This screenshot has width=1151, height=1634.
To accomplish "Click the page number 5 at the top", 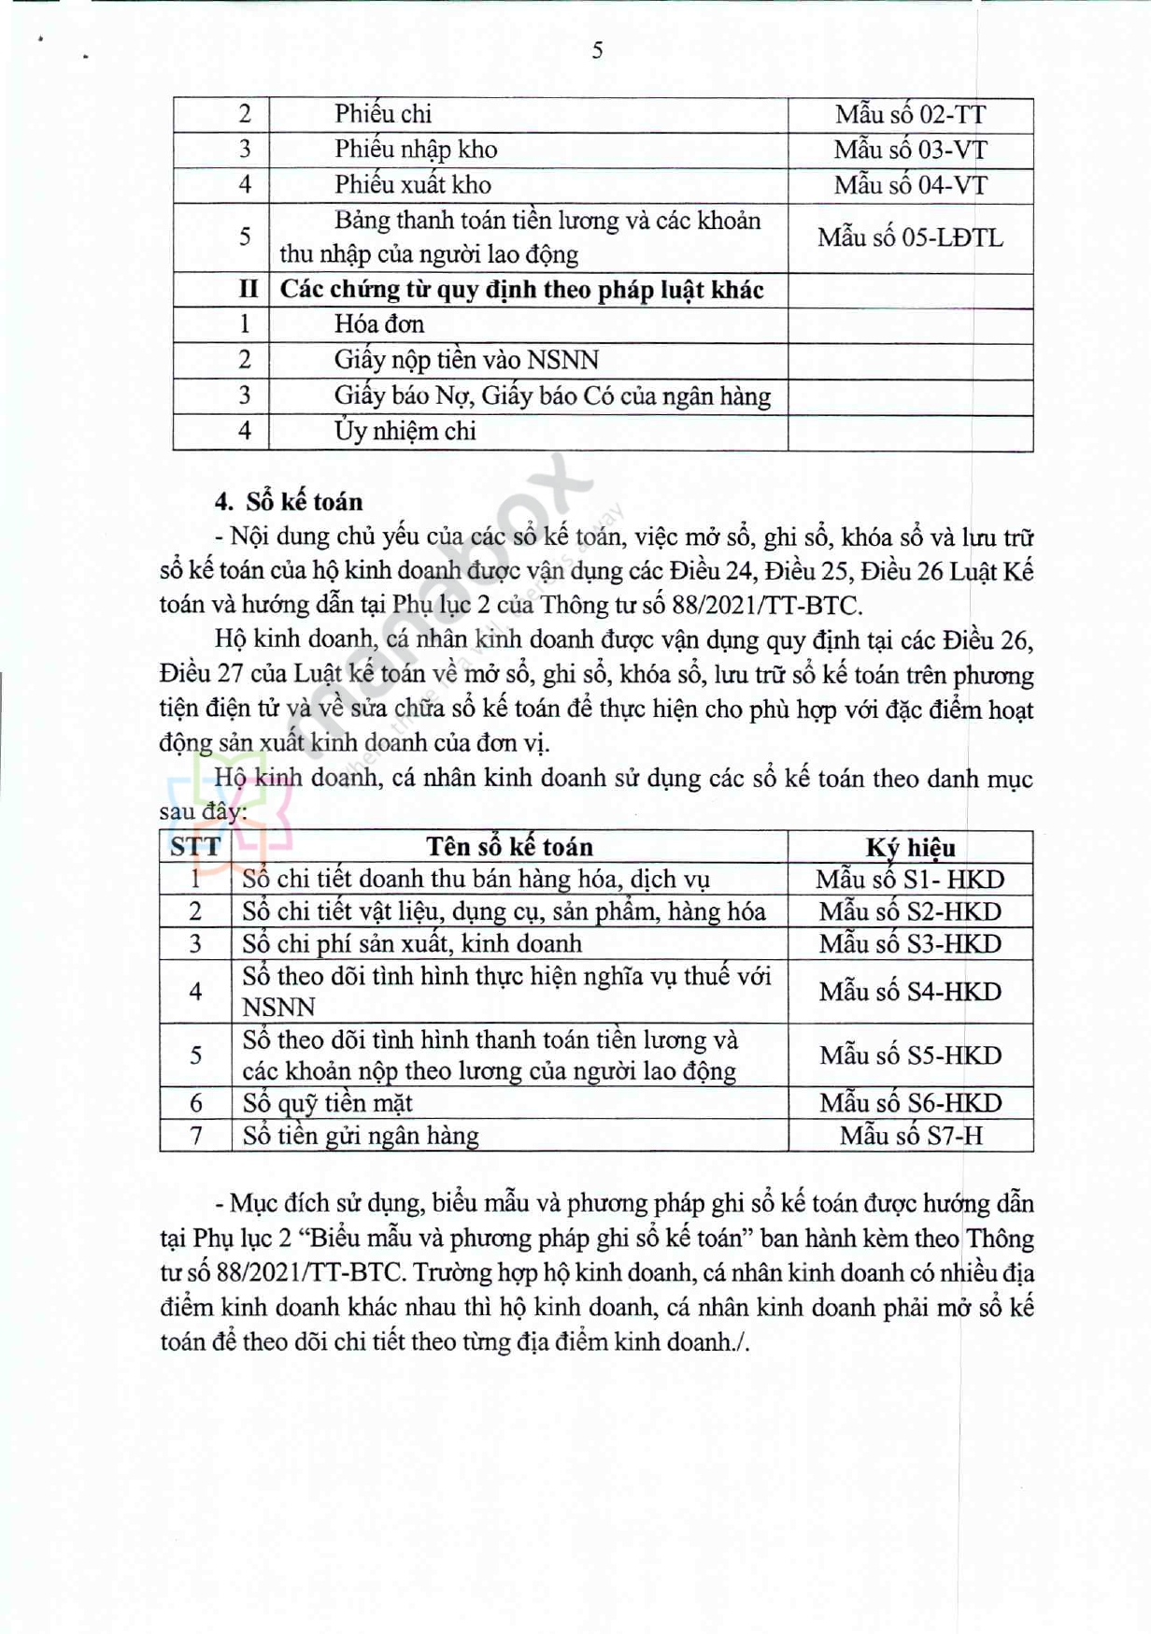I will (597, 50).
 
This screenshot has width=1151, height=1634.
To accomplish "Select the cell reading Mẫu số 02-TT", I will (910, 115).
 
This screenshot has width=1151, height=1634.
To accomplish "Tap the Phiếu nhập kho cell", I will (416, 150).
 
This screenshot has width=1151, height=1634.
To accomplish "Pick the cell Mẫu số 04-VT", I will (910, 185).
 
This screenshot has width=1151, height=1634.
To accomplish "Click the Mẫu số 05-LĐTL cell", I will (910, 237).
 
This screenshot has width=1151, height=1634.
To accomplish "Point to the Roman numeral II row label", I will (248, 289).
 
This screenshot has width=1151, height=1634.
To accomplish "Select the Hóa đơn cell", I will (379, 324).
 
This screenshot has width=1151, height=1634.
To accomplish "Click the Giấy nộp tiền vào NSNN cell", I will (466, 360).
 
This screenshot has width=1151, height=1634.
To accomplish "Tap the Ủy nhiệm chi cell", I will (405, 431).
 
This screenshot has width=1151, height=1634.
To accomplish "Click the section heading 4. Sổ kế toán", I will (289, 502).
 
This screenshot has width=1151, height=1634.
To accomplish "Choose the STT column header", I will (195, 847).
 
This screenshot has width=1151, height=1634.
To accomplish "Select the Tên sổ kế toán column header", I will (509, 847).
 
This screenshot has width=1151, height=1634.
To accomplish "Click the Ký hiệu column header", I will (910, 848).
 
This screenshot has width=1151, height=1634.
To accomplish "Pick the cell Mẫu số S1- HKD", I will (910, 880).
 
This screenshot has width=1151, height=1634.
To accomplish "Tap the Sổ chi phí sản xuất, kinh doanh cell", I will (412, 944).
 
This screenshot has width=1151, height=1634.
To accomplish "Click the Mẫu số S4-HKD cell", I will (910, 992).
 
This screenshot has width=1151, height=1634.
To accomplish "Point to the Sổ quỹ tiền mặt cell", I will (328, 1103).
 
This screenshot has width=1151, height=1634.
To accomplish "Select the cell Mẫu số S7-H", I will (910, 1136).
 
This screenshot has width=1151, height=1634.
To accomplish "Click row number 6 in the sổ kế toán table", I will (195, 1103).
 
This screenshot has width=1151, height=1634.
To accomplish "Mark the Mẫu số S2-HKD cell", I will (910, 911).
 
